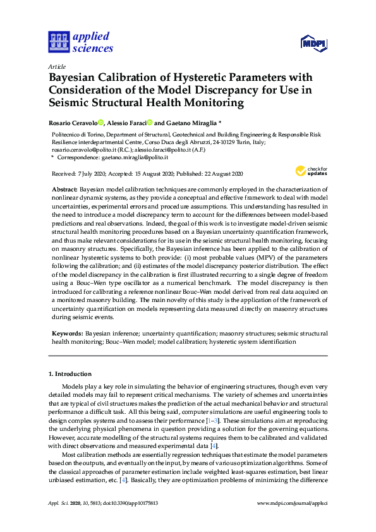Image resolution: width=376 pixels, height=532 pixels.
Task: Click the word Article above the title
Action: coord(56,66)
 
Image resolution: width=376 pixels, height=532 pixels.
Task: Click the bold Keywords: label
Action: coord(67,332)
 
